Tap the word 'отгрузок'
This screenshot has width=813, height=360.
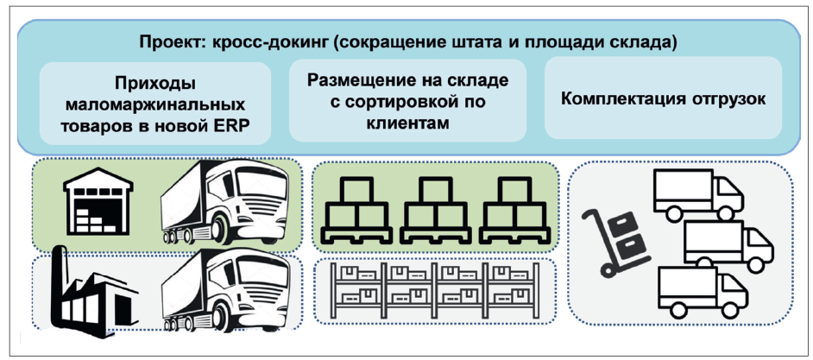coord(728,98)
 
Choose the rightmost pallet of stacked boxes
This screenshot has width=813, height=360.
coord(514,210)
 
